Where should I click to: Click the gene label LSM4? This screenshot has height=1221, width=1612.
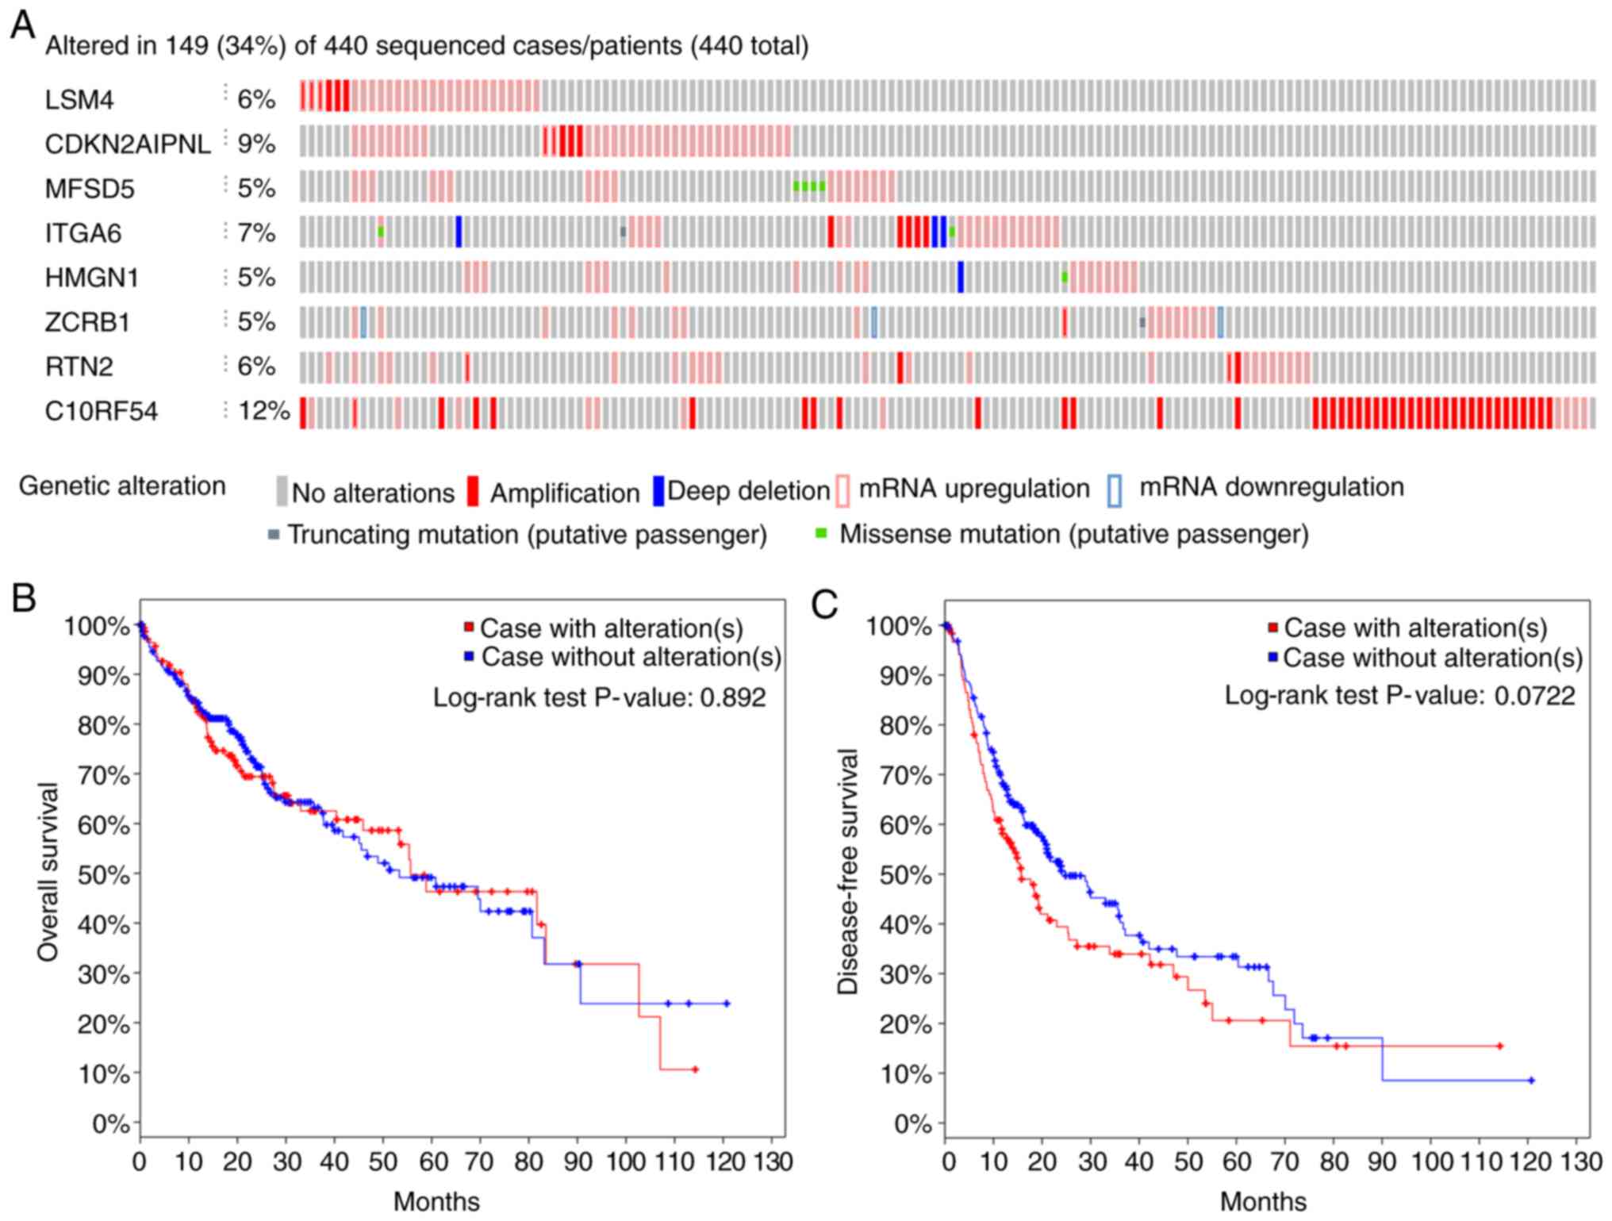tap(79, 100)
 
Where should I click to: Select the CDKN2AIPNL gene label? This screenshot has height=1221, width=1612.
tap(128, 144)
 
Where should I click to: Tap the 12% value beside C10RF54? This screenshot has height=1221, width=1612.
tap(263, 411)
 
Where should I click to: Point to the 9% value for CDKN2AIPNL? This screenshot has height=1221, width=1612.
tap(256, 144)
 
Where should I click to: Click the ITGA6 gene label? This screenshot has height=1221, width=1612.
tap(83, 233)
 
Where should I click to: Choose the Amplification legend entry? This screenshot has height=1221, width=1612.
tap(563, 493)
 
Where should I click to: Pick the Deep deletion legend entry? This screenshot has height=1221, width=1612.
tap(747, 491)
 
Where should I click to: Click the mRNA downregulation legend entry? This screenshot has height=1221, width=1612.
tap(1270, 487)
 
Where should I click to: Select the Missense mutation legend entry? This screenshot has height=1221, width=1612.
tap(1073, 534)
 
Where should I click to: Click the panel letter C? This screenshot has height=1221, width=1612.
tap(824, 605)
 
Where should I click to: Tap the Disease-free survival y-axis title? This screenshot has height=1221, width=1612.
tap(848, 871)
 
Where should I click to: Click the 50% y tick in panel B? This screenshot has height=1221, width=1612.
tap(103, 875)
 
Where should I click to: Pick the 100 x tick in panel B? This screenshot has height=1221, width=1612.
tap(625, 1162)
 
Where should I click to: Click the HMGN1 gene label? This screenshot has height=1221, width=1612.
tap(91, 278)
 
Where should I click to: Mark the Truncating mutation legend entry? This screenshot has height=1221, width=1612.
tap(526, 535)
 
